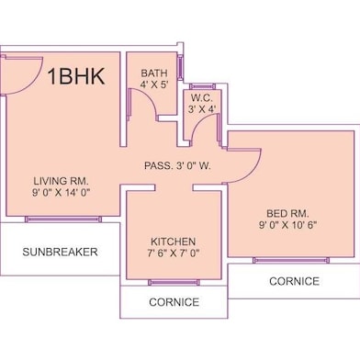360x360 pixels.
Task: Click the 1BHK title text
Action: point(76,75)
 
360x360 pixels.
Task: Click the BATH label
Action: point(154,74)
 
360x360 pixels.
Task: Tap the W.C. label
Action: point(202,98)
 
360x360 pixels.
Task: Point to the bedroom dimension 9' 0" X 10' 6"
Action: point(287,226)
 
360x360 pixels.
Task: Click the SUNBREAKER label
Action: point(61,251)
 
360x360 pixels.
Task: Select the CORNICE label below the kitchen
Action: point(174,301)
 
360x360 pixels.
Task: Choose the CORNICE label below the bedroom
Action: point(295,281)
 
